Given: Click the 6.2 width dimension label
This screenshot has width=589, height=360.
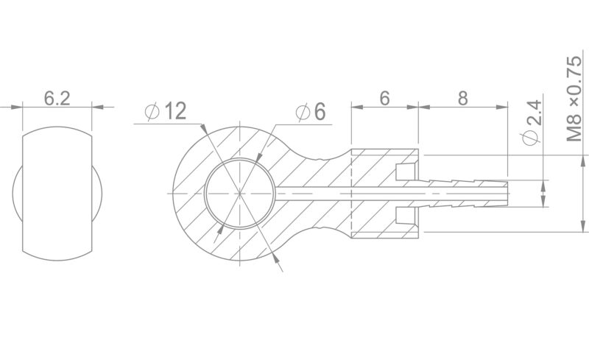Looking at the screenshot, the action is [57, 99].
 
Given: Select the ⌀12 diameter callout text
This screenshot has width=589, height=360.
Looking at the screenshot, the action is [165, 111].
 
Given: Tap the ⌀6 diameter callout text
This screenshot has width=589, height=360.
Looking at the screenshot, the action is [310, 112].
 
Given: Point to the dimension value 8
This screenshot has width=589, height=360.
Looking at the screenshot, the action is [463, 99].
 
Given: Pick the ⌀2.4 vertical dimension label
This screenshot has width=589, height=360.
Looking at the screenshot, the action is [531, 122].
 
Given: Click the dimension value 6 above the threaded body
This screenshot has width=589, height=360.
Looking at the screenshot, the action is [384, 99].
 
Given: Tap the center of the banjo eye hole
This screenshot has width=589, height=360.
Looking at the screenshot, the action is [240, 193].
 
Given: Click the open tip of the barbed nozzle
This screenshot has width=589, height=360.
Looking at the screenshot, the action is [508, 193].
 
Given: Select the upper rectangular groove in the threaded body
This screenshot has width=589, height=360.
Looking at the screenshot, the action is [406, 172].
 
